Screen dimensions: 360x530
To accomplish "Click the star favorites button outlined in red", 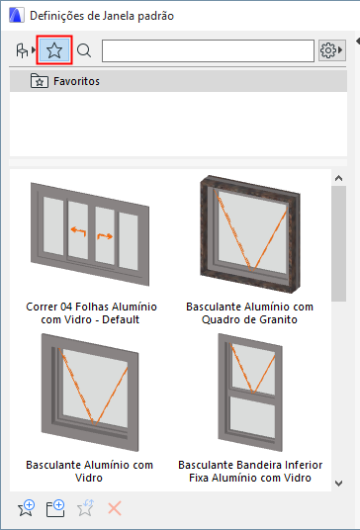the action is [54, 50].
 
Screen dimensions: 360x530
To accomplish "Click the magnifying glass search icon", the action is [84, 50].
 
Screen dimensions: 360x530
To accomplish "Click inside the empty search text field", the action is [208, 50].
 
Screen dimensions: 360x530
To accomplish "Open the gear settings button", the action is [331, 50].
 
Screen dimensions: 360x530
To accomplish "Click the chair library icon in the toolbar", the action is [22, 50].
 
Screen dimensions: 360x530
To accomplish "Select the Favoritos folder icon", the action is [40, 81].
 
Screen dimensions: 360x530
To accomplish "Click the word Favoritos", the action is [77, 81].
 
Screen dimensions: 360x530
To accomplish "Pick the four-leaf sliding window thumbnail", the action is [90, 234].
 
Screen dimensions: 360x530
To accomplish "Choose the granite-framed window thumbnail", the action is [250, 234].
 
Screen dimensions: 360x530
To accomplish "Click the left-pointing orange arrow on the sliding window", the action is [79, 231].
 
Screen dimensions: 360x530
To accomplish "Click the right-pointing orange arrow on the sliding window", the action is [105, 235].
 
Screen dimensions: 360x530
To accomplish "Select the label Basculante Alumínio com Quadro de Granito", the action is [250, 313].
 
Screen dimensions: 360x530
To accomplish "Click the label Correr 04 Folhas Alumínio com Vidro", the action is [91, 313].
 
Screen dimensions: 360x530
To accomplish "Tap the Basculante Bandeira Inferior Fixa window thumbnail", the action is [250, 393].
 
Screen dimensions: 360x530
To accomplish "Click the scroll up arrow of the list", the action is [338, 178].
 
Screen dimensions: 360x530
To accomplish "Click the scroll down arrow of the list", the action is [338, 484].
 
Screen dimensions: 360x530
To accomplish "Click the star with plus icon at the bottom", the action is [26, 508].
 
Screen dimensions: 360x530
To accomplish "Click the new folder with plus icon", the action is [55, 508].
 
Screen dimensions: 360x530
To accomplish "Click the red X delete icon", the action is [115, 508].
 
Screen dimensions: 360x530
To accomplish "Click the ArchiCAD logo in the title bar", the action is [17, 16].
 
